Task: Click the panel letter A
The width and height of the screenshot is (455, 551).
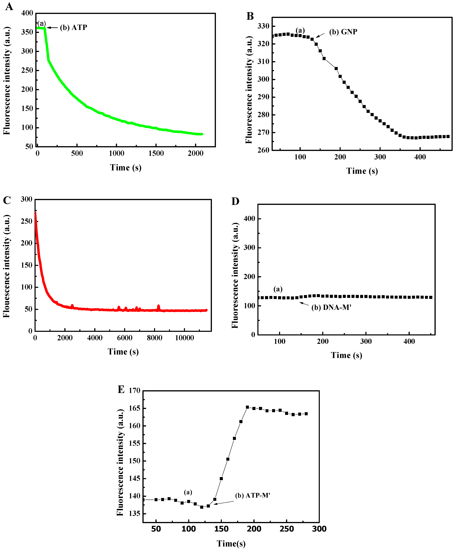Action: point(9,6)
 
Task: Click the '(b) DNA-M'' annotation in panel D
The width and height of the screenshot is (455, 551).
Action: point(331,307)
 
